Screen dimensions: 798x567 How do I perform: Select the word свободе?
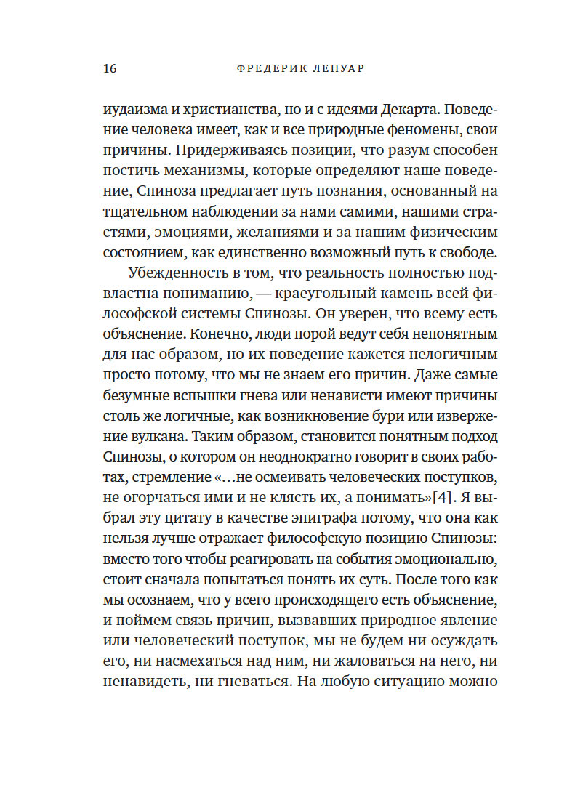point(463,253)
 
